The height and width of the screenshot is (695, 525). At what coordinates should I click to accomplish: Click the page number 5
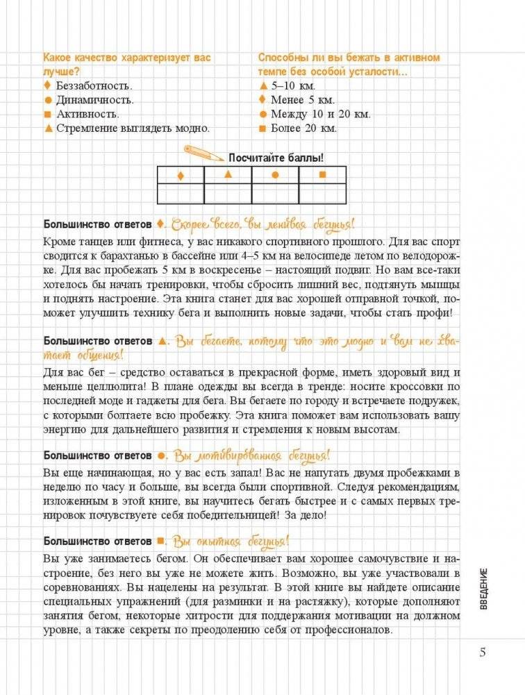point(483,653)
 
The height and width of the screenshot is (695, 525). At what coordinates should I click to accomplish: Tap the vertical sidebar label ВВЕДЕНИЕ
point(483,589)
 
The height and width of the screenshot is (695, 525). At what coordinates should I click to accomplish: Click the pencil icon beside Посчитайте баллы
point(200,152)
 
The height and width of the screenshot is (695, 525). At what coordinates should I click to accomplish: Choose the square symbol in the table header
point(322,175)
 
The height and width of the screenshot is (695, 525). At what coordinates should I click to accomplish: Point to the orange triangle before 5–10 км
point(262,85)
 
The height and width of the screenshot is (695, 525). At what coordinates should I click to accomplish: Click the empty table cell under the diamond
point(181,193)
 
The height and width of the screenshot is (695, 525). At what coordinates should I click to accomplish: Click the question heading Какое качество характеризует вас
point(126,58)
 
